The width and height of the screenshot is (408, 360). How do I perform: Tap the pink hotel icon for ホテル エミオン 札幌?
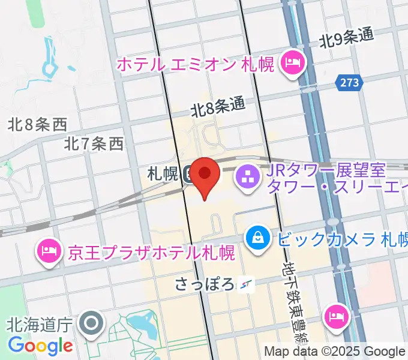(x=294, y=62)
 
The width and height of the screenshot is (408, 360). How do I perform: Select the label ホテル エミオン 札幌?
(x=195, y=63)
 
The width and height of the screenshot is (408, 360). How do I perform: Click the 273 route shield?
(x=349, y=83)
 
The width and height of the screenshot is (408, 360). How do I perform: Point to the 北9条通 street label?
(x=346, y=38)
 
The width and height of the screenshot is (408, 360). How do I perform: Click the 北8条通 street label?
(x=218, y=107)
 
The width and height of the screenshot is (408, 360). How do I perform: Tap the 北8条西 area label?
(x=37, y=124)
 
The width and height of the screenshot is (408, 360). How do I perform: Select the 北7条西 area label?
(x=94, y=143)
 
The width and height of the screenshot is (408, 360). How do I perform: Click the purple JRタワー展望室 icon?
(x=247, y=176)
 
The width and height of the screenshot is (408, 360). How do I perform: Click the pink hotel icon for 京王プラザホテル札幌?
(x=49, y=249)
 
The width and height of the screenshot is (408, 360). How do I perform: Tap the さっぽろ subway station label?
(x=205, y=283)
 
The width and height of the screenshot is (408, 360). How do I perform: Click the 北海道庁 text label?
(x=40, y=325)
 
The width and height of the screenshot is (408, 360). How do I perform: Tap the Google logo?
(x=40, y=346)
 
